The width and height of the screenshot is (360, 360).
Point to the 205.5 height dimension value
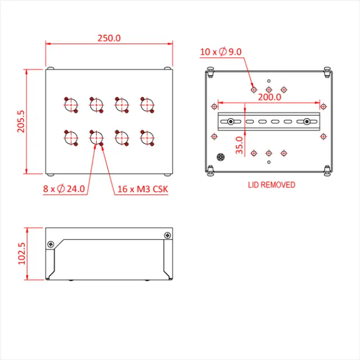[21, 121]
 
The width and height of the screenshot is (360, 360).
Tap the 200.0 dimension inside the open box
[270, 97]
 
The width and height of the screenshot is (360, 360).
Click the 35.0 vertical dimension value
[238, 145]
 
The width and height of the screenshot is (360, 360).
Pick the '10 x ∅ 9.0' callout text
[220, 52]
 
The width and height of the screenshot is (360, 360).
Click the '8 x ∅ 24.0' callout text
[64, 189]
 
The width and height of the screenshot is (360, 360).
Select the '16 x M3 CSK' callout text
[142, 189]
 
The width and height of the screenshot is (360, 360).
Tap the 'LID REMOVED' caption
[271, 184]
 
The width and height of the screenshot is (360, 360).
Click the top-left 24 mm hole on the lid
[70, 105]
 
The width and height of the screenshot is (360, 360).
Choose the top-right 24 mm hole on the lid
[147, 105]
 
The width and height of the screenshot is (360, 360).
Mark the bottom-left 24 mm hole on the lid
[70, 137]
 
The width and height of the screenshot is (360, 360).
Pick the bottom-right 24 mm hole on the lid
[147, 137]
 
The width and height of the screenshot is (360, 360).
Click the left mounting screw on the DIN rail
[231, 121]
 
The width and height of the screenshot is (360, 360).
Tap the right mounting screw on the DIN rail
[307, 121]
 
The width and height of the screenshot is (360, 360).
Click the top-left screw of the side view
[51, 244]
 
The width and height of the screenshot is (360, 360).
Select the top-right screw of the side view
[167, 235]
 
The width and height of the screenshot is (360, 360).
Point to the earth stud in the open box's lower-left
[220, 158]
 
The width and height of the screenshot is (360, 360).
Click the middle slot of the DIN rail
[274, 121]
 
